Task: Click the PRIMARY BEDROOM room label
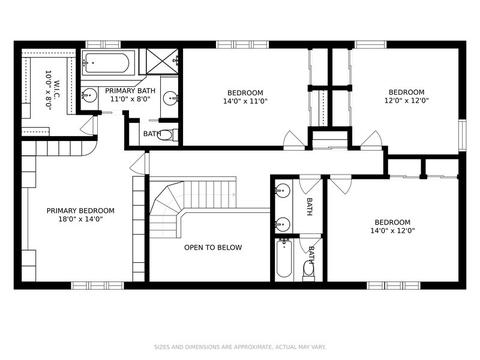pyautogui.click(x=80, y=211)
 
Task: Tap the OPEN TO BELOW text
pyautogui.click(x=213, y=247)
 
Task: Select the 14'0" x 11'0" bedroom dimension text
pyautogui.click(x=245, y=101)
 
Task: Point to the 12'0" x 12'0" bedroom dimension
pyautogui.click(x=406, y=100)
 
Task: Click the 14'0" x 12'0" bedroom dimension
pyautogui.click(x=392, y=230)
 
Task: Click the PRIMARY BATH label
pyautogui.click(x=130, y=91)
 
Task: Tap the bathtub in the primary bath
pyautogui.click(x=106, y=63)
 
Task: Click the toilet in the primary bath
pyautogui.click(x=167, y=135)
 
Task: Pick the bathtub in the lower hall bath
pyautogui.click(x=284, y=258)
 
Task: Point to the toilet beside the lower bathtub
pyautogui.click(x=308, y=269)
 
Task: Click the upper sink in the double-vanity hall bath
pyautogui.click(x=282, y=191)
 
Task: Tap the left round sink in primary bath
pyautogui.click(x=89, y=95)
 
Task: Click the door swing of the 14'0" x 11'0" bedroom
pyautogui.click(x=293, y=140)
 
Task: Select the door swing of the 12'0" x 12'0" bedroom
pyautogui.click(x=371, y=140)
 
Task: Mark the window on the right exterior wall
pyautogui.click(x=462, y=135)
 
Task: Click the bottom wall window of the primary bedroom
pyautogui.click(x=97, y=285)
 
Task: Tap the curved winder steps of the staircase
pyautogui.click(x=165, y=208)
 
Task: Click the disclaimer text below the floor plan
pyautogui.click(x=240, y=347)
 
